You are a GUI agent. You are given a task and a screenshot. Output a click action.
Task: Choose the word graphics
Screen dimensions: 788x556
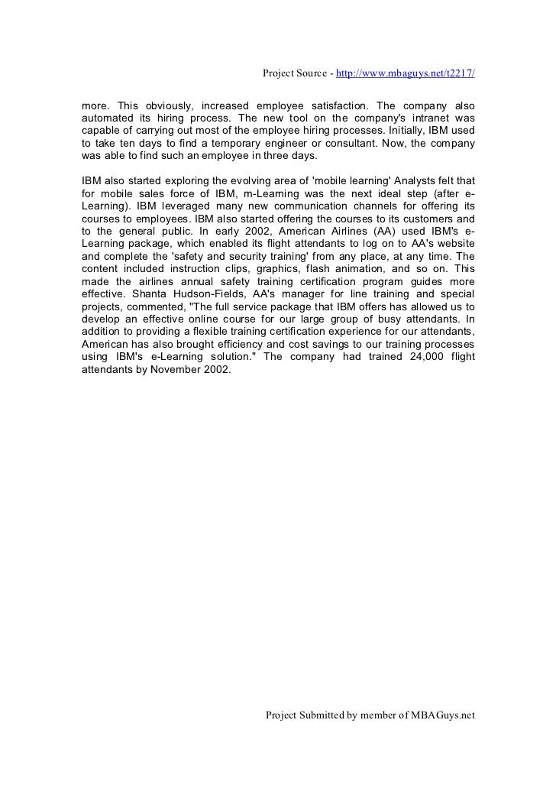tap(243, 269)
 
